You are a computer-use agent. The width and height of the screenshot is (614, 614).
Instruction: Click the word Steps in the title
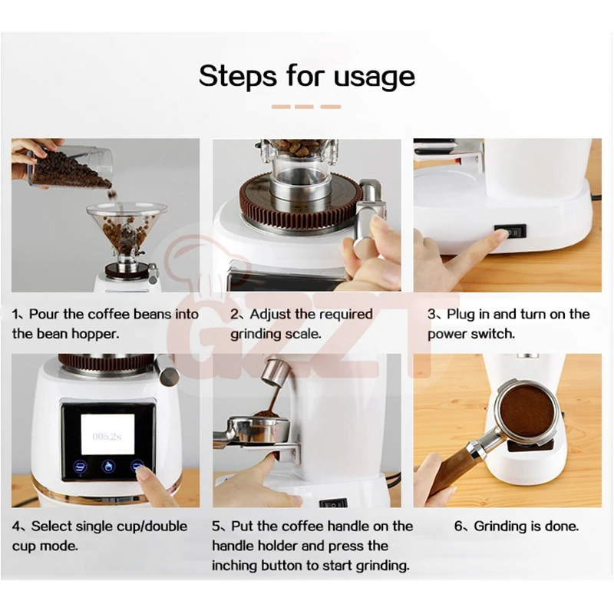pos(238,76)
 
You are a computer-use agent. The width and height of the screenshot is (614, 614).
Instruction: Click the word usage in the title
pos(374,78)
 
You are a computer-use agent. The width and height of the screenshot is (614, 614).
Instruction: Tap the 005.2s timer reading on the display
pos(107,436)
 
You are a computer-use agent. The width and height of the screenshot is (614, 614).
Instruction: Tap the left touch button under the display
pos(81,467)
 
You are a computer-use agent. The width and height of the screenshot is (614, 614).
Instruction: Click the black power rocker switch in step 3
pos(510,232)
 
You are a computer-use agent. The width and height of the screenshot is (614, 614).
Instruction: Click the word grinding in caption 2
pos(256,335)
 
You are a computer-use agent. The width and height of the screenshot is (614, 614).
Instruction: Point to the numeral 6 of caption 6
pos(458,527)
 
